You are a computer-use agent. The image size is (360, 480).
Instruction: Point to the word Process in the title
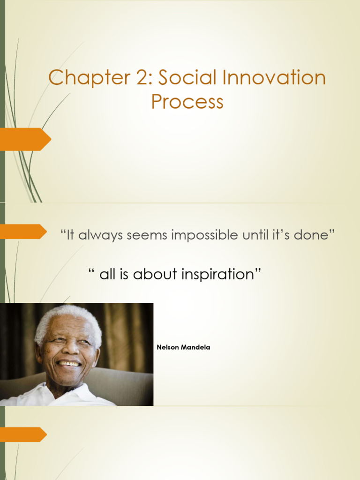coord(187,102)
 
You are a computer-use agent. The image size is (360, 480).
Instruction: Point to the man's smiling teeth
coord(69,363)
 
